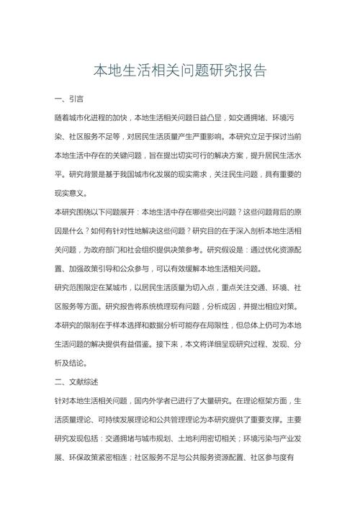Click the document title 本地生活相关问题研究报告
[x=180, y=71]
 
